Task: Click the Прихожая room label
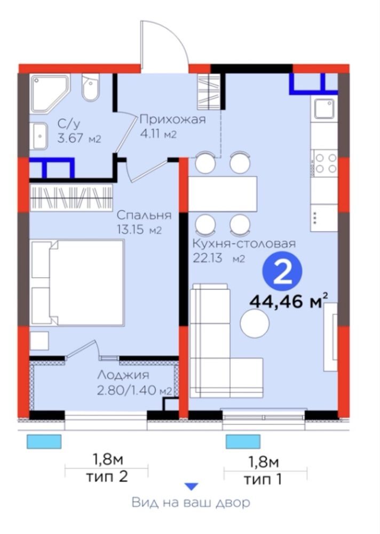click(x=172, y=120)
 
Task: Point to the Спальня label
click(x=144, y=215)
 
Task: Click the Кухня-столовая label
click(x=244, y=244)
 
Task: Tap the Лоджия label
click(x=123, y=375)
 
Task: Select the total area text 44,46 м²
click(x=288, y=301)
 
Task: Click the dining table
click(x=223, y=194)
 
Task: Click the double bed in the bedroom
click(x=77, y=282)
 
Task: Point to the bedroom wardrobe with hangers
click(x=71, y=198)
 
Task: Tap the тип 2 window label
click(x=107, y=476)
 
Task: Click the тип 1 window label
click(x=263, y=479)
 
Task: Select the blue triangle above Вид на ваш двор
click(x=192, y=486)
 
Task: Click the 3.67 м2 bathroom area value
click(x=79, y=139)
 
